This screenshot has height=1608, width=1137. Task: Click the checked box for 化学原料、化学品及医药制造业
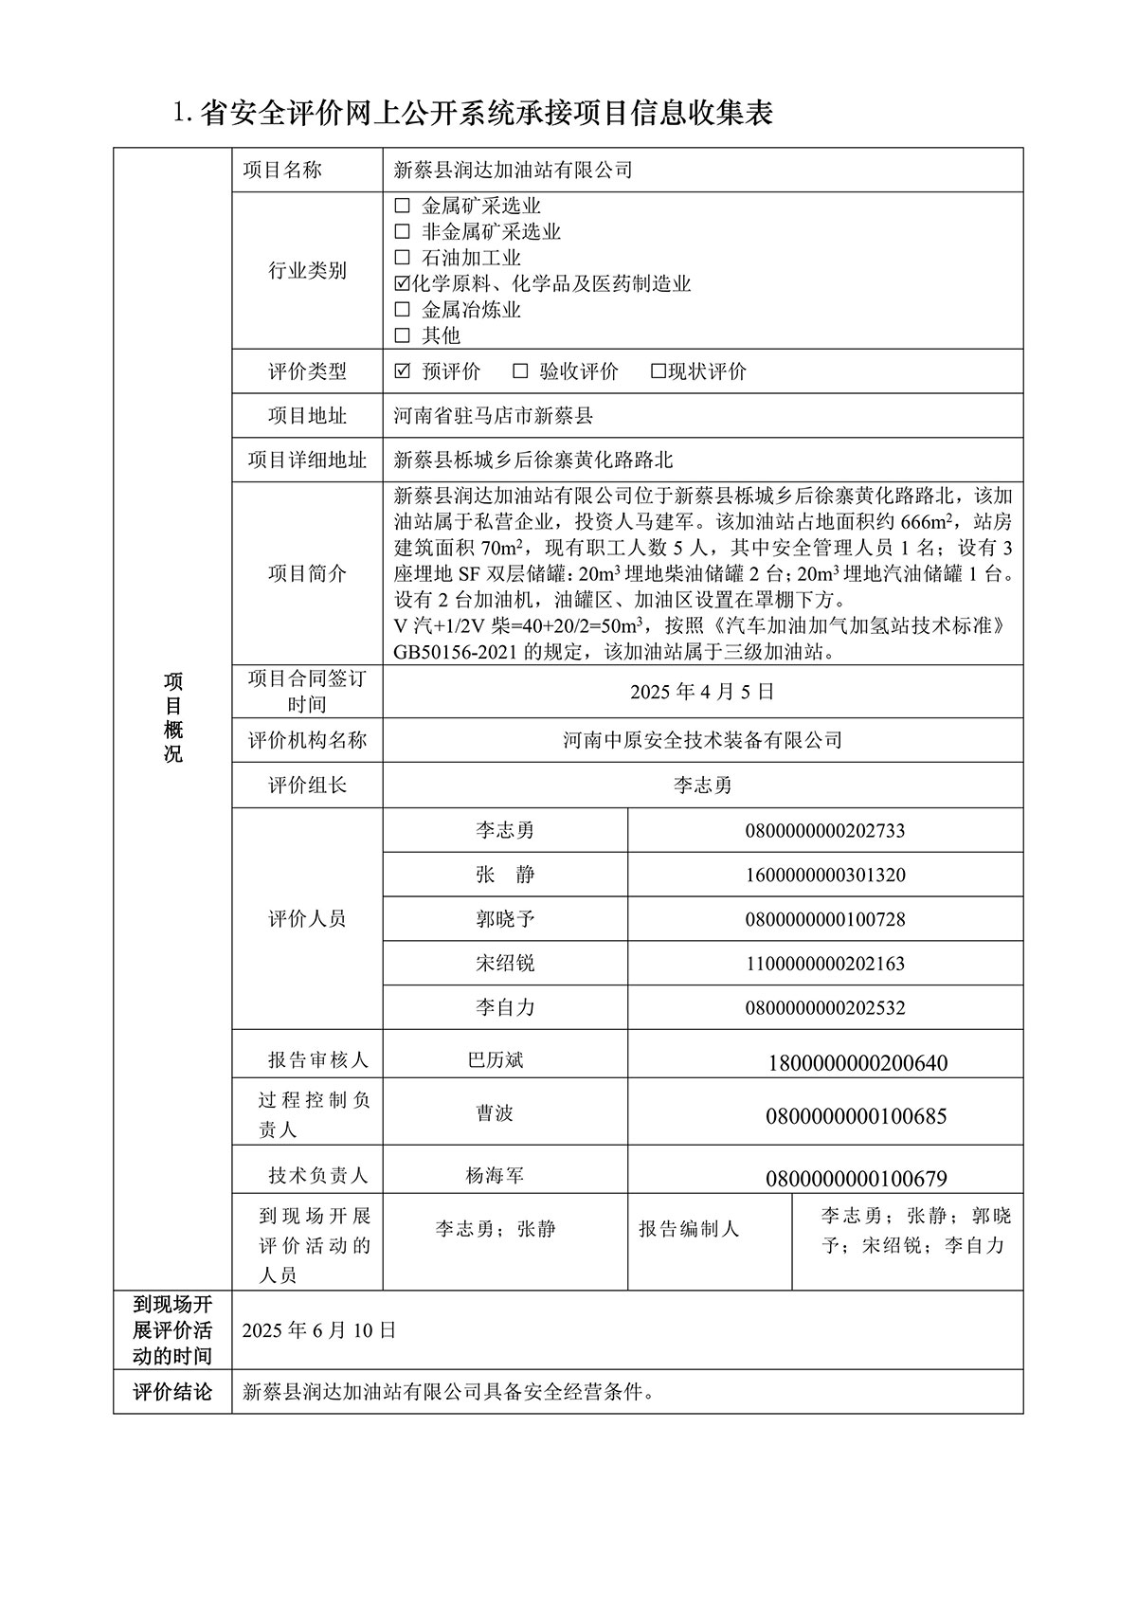[402, 283]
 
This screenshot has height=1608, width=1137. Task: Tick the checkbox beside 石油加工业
[402, 258]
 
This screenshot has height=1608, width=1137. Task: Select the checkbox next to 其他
[402, 335]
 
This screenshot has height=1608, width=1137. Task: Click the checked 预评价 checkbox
[402, 371]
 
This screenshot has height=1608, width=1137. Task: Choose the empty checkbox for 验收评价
[520, 371]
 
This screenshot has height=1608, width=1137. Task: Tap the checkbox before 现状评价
[658, 371]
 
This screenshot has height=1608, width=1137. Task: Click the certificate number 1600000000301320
[825, 875]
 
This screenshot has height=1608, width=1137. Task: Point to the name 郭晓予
[505, 919]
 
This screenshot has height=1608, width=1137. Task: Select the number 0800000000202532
[825, 1008]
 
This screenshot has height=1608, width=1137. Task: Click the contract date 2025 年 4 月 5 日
[702, 692]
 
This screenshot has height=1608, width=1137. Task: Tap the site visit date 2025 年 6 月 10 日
[319, 1330]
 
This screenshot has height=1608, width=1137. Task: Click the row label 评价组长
[307, 786]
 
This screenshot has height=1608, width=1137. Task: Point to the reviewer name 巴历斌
[496, 1059]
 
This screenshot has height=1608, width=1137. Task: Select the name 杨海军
[495, 1176]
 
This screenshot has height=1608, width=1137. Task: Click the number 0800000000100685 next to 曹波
[856, 1116]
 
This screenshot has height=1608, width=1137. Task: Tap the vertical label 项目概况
[172, 717]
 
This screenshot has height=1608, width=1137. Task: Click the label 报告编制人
[688, 1229]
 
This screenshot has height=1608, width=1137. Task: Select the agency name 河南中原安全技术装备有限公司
[702, 740]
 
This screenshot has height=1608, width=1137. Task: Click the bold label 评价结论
[172, 1392]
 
